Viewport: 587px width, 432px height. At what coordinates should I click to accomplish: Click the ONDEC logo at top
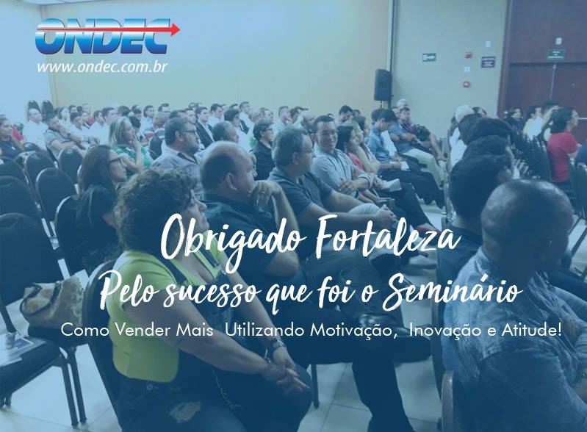coord(107,36)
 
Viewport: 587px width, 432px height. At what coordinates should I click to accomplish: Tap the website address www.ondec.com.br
coord(102,67)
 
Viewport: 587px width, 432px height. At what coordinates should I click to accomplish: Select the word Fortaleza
coord(386,236)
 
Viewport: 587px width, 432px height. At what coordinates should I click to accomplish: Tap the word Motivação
coord(353,330)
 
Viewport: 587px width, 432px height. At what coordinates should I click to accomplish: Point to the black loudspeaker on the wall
coord(383,84)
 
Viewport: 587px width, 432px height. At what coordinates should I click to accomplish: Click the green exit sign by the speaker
coord(429,57)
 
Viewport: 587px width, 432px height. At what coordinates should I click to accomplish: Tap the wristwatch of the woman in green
coord(277,345)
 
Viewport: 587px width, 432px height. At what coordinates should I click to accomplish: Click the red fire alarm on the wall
coord(466,84)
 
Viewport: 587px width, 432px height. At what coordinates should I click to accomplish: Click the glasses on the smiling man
coord(325,133)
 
